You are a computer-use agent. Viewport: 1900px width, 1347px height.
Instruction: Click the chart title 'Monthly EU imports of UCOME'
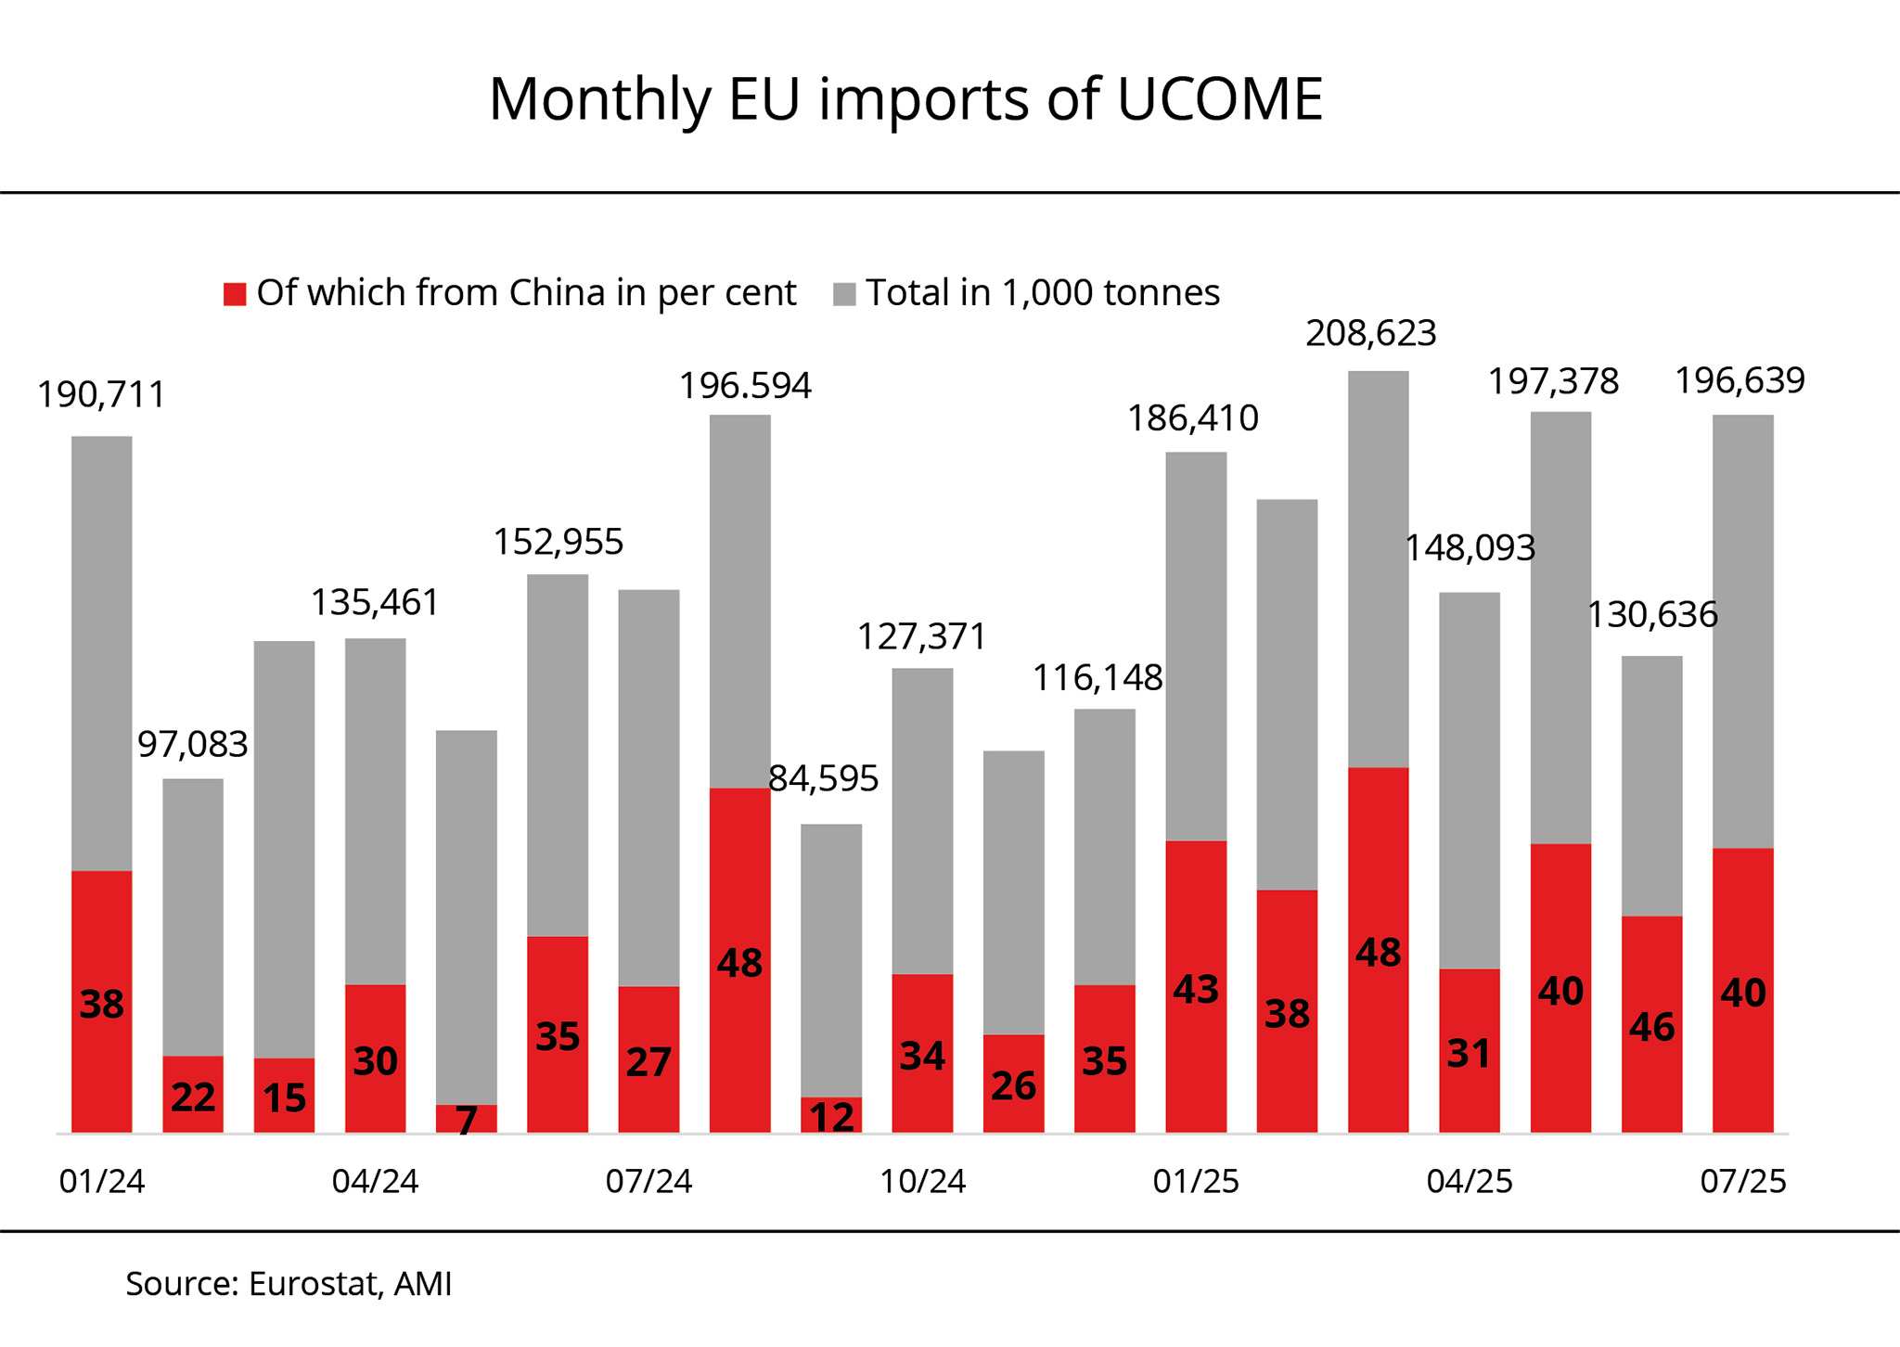(x=905, y=98)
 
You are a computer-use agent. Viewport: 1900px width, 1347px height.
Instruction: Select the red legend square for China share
(x=235, y=294)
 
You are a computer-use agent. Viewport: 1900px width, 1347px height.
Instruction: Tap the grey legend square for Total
(x=844, y=294)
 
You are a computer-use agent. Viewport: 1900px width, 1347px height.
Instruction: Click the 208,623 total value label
(x=1370, y=333)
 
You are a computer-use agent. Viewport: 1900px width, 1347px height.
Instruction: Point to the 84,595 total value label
(x=823, y=779)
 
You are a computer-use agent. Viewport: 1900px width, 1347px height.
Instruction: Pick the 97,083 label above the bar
(x=193, y=744)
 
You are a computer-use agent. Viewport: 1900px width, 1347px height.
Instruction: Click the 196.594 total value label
(x=745, y=386)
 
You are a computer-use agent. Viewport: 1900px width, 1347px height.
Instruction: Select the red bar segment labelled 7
(x=467, y=1118)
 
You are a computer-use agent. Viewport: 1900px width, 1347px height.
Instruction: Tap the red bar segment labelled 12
(x=831, y=1115)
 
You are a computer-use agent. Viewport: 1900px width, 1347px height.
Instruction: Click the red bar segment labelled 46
(x=1651, y=1024)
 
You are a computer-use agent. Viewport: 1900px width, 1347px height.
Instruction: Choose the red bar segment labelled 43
(x=1196, y=987)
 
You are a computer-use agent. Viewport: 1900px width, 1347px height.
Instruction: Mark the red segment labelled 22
(x=193, y=1095)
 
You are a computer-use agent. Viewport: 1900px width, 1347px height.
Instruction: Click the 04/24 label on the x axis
(x=375, y=1182)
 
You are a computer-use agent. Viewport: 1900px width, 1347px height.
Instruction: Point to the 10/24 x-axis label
(x=922, y=1182)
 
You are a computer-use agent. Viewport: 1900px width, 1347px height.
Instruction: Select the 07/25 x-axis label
(x=1742, y=1182)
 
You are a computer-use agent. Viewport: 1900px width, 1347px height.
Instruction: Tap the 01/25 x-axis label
(x=1196, y=1182)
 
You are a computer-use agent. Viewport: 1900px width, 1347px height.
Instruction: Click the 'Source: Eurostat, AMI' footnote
(x=289, y=1284)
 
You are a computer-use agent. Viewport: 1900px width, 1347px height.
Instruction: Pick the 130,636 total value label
(x=1652, y=615)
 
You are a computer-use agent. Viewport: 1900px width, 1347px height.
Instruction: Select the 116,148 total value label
(x=1098, y=678)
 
